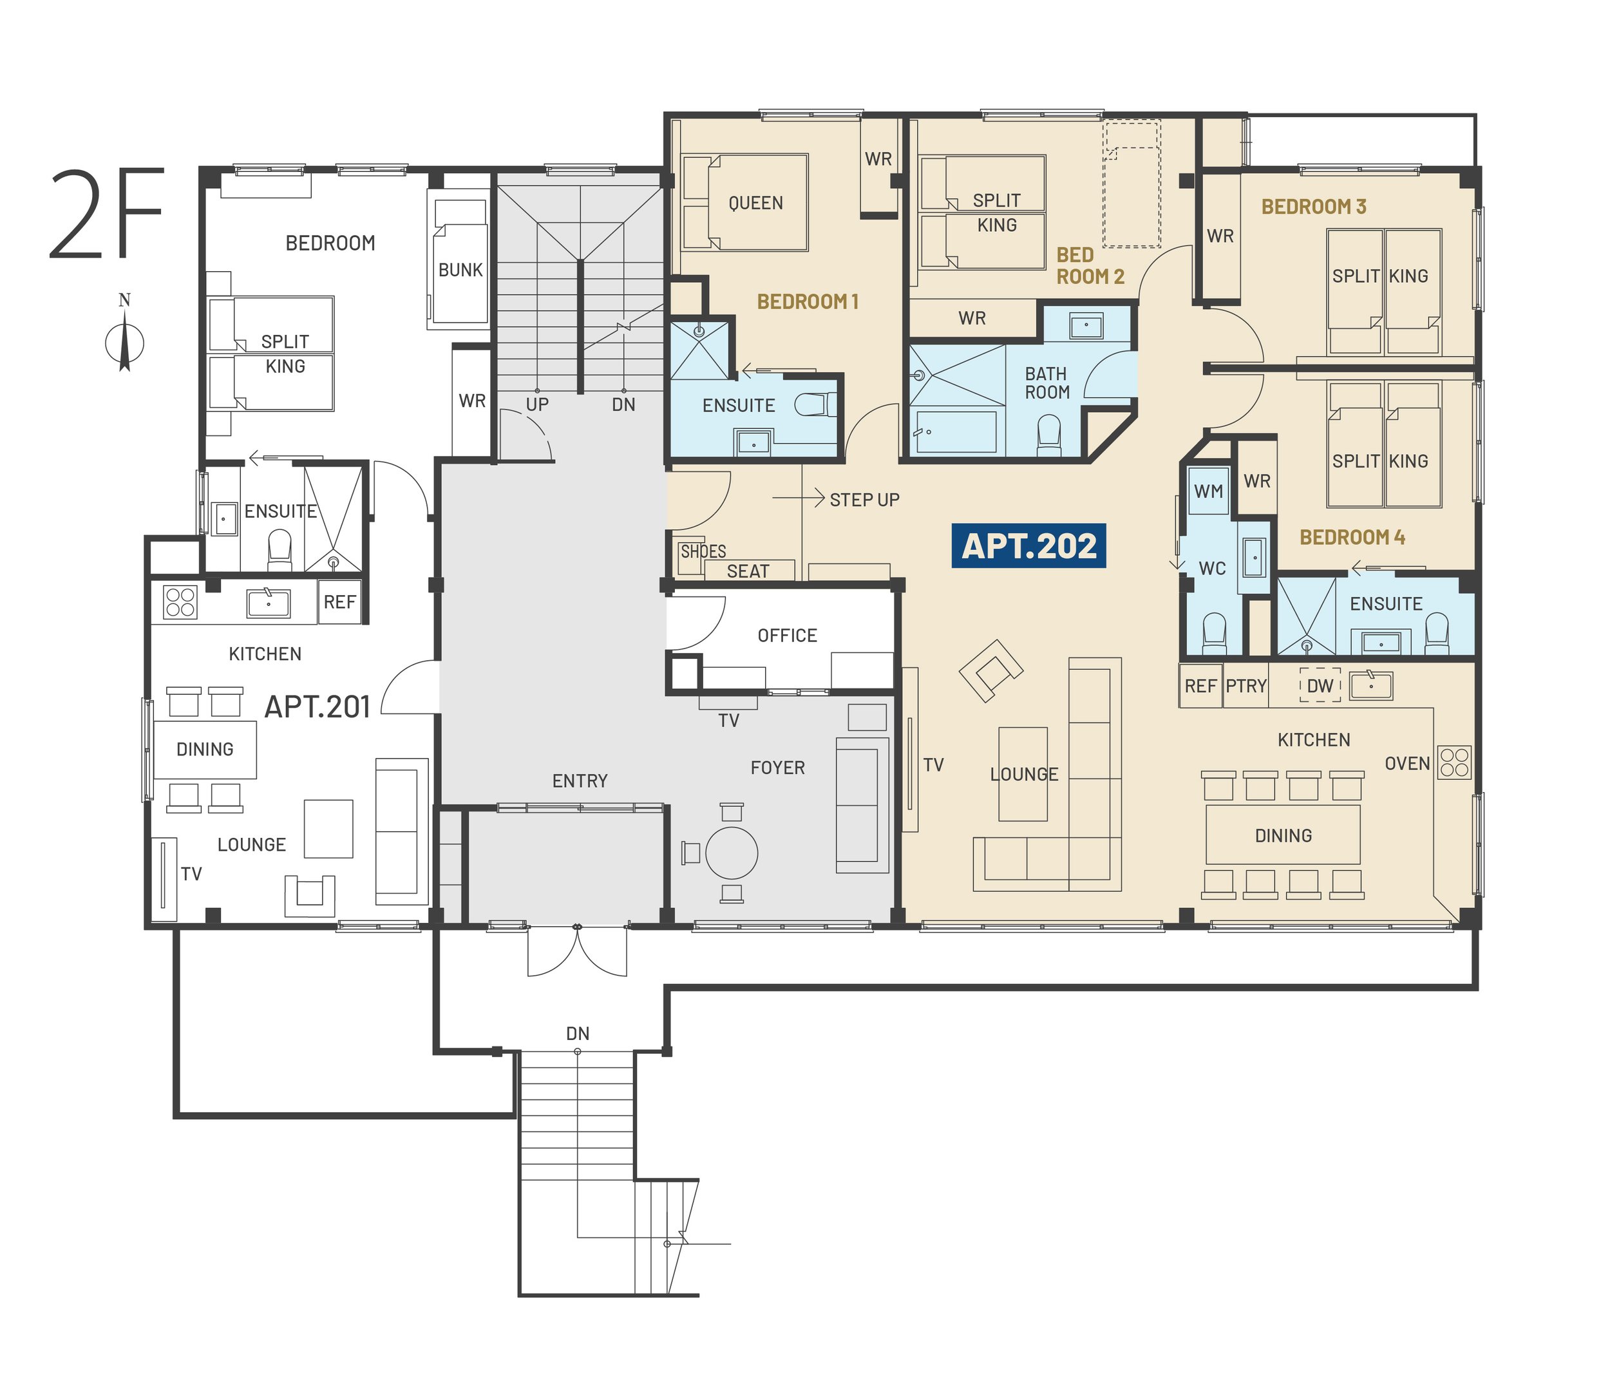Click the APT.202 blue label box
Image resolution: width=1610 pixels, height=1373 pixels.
coord(1028,546)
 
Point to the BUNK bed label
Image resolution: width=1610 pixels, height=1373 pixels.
coord(460,270)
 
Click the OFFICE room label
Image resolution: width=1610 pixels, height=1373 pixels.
coord(787,636)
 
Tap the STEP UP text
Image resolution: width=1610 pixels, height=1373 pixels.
coord(865,500)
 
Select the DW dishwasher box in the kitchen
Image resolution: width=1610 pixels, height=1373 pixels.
coord(1320,685)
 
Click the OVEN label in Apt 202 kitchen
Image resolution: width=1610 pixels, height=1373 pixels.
coord(1407,764)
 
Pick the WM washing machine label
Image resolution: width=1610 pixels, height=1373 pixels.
coord(1208,491)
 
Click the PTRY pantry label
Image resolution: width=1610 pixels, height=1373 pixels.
coord(1246,686)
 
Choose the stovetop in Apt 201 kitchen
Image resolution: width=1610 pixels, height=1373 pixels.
coord(180,602)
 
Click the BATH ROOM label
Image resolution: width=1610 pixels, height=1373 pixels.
coord(1046,383)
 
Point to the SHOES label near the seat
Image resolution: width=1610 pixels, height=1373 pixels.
coord(703,552)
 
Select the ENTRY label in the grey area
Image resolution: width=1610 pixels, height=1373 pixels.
coord(580,781)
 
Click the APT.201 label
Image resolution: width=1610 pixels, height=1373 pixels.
coord(317,707)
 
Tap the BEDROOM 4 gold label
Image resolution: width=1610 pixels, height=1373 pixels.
coord(1352,537)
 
